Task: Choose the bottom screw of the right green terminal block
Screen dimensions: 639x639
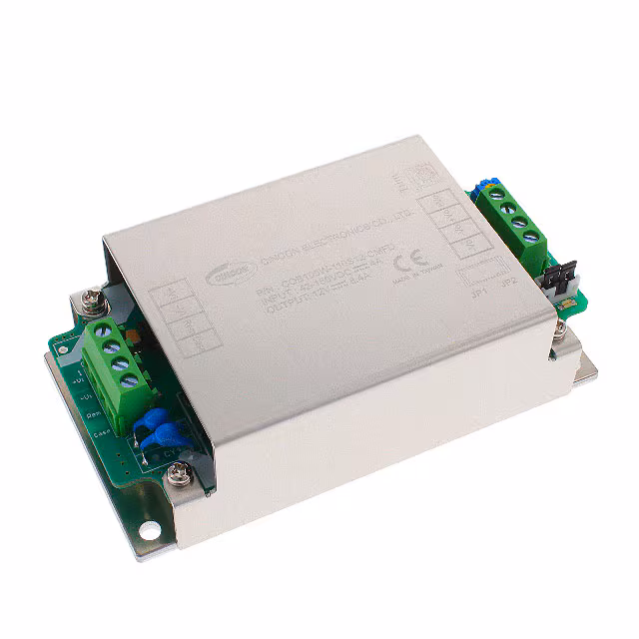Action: pyautogui.click(x=532, y=239)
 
